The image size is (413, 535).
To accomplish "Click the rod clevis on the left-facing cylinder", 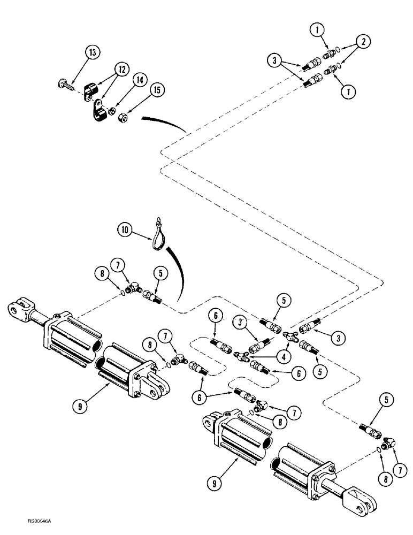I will click(x=21, y=311).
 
